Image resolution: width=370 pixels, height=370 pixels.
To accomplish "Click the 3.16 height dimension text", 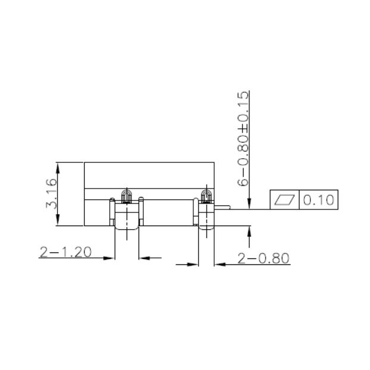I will [x=52, y=193].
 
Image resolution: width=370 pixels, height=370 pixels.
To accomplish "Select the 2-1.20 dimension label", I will [x=66, y=252].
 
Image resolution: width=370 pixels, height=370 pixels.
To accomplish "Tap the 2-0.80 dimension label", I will [x=263, y=258].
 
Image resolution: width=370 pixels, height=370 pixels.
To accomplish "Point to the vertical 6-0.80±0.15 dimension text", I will [x=242, y=139].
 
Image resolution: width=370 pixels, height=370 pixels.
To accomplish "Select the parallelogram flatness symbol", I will [x=285, y=200].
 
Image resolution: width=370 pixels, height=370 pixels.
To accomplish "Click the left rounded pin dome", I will [x=126, y=195].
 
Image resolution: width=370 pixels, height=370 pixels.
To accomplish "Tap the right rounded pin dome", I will [x=206, y=195].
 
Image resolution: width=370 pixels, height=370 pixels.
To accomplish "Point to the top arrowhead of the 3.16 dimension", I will [x=58, y=165].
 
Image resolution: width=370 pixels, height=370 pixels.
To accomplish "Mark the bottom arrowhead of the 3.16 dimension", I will [x=58, y=222].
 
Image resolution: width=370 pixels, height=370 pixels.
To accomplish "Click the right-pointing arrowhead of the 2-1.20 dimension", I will [x=109, y=258].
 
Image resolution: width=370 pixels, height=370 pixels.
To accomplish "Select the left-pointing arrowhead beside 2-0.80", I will [x=219, y=263].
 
